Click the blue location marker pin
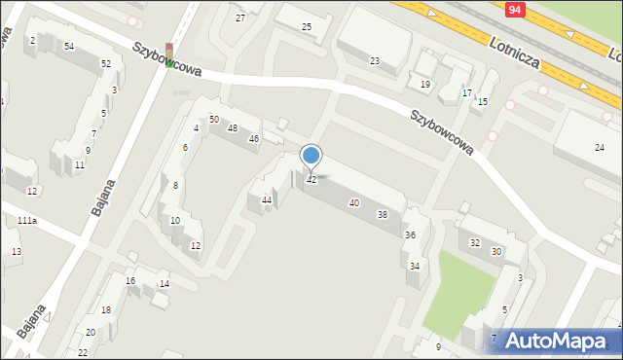coord(311,157)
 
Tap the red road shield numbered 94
coord(518,8)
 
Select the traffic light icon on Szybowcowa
coord(170,55)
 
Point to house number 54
coord(69,47)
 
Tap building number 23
coord(375,61)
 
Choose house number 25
coord(307,26)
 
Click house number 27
coord(240,18)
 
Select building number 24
coord(600,147)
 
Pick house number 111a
coord(26,222)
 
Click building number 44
coord(267,200)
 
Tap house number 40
coord(354,202)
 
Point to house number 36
coord(411,235)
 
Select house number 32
coord(475,242)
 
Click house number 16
coord(130,281)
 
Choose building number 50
coord(214,119)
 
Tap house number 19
coord(425,85)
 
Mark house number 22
coord(83,352)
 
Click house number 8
coord(175,185)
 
